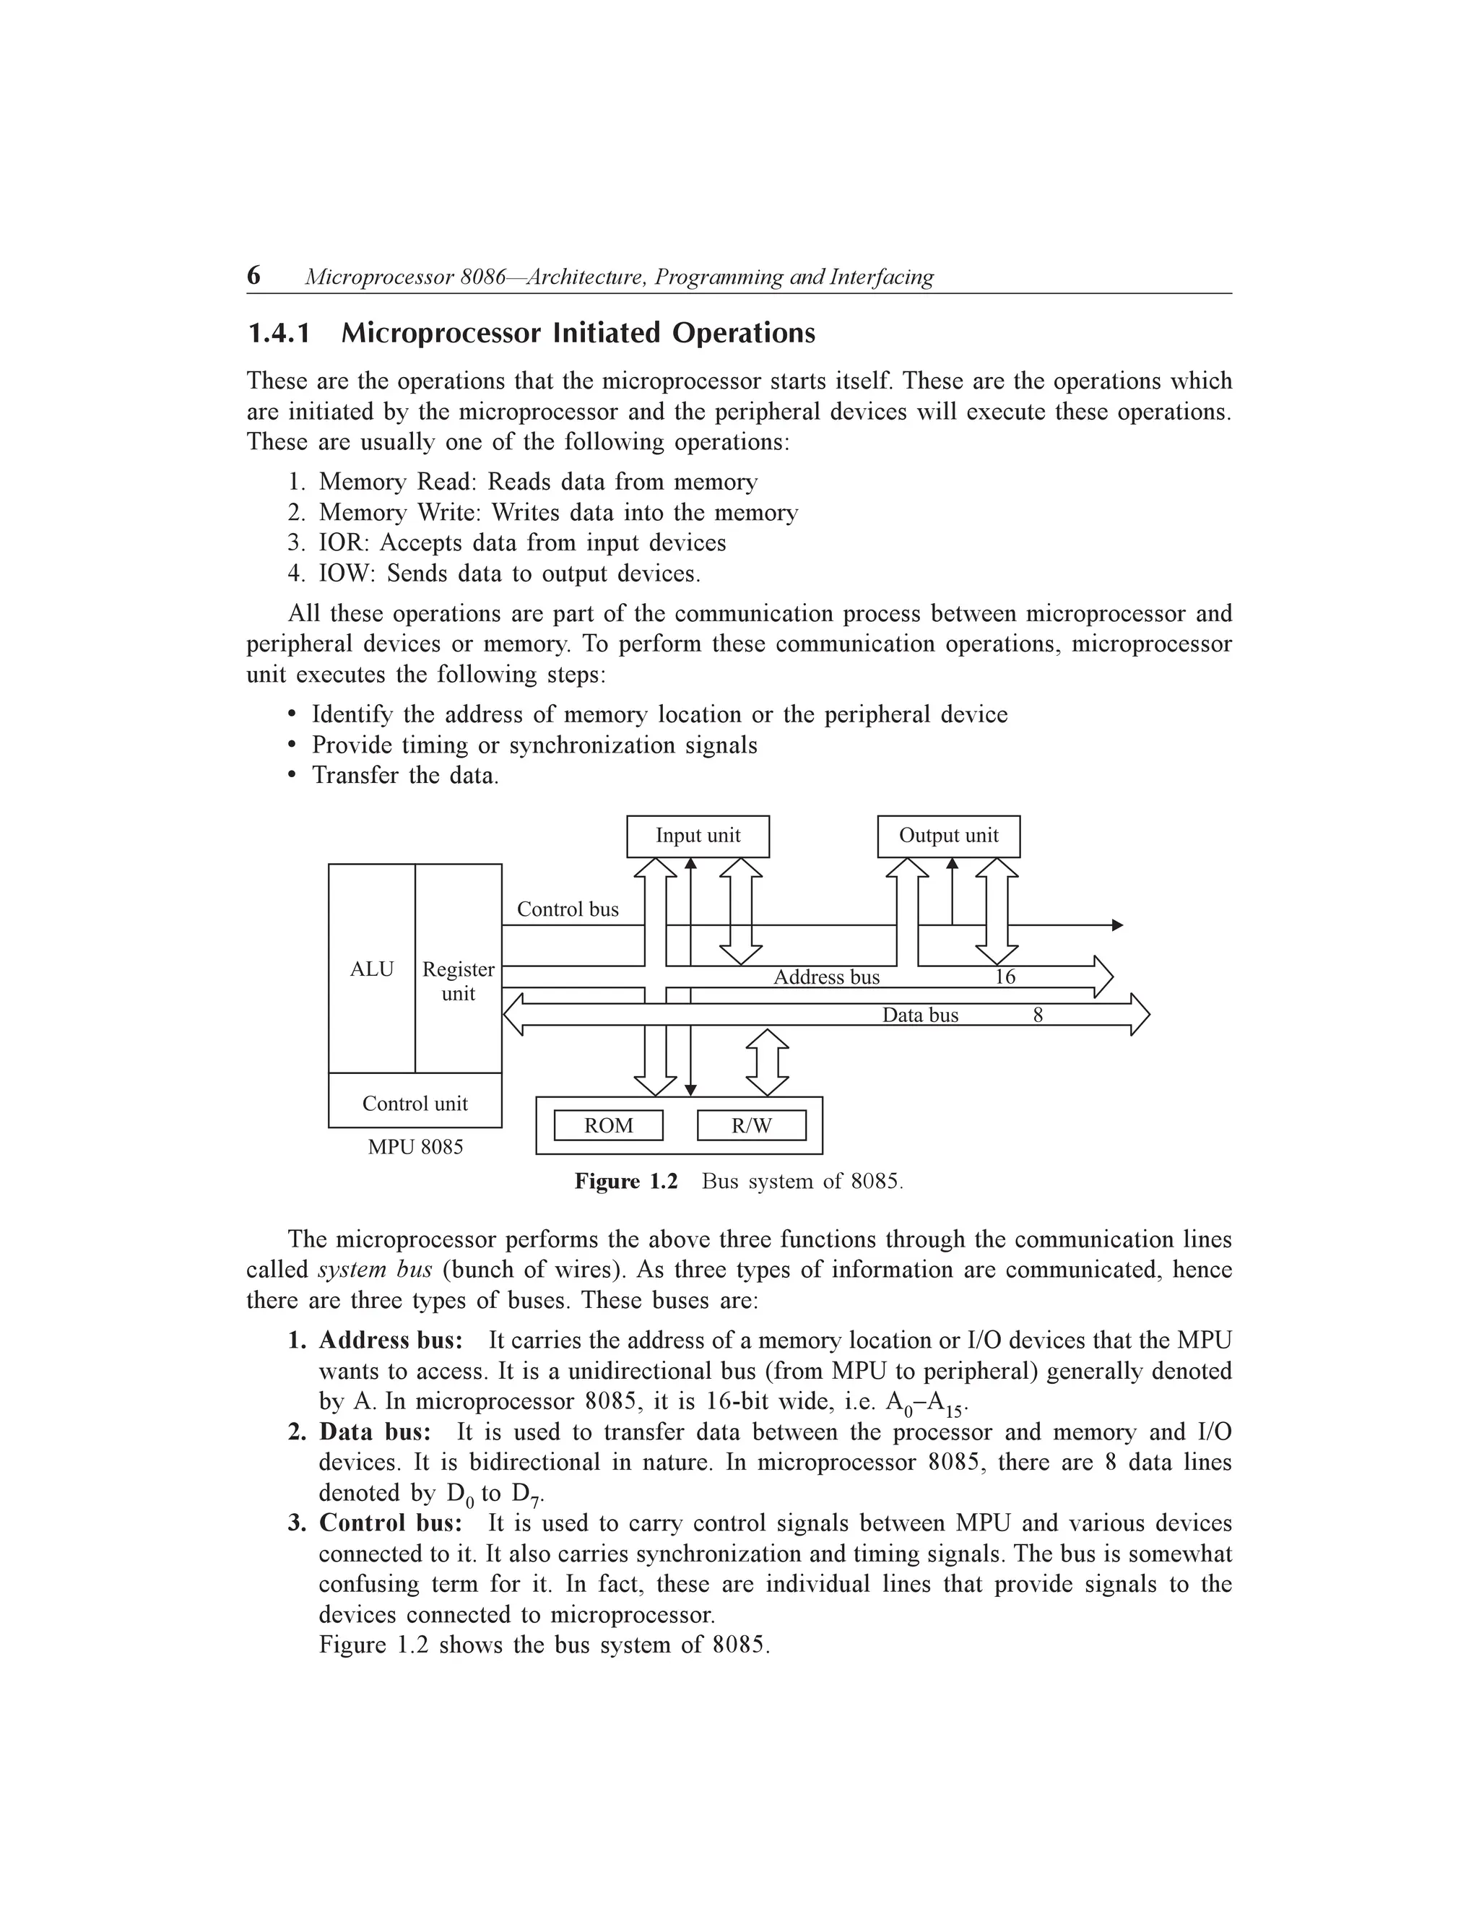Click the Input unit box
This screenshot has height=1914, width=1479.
(x=698, y=836)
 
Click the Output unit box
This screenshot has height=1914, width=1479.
(x=948, y=836)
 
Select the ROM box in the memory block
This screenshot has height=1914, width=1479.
(x=608, y=1125)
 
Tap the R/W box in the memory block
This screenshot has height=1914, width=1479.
(x=751, y=1125)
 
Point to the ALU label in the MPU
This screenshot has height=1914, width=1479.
(x=371, y=969)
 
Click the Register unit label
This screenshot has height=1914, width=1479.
(x=459, y=981)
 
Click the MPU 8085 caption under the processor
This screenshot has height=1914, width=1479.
(x=415, y=1146)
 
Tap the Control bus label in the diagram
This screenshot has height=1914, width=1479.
(x=567, y=909)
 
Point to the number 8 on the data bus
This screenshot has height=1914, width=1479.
(x=1038, y=1015)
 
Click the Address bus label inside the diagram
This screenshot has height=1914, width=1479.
(x=825, y=977)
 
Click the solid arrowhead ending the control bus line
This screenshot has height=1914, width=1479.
(x=1117, y=924)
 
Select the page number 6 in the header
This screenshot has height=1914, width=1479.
(x=253, y=275)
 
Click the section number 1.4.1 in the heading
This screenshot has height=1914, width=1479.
(x=279, y=333)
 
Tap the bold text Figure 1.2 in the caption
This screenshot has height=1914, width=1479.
(x=625, y=1182)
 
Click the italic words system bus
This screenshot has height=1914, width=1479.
(x=374, y=1270)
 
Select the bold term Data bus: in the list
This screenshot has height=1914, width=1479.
(x=374, y=1432)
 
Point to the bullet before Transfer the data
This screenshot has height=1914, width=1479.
(x=292, y=776)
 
